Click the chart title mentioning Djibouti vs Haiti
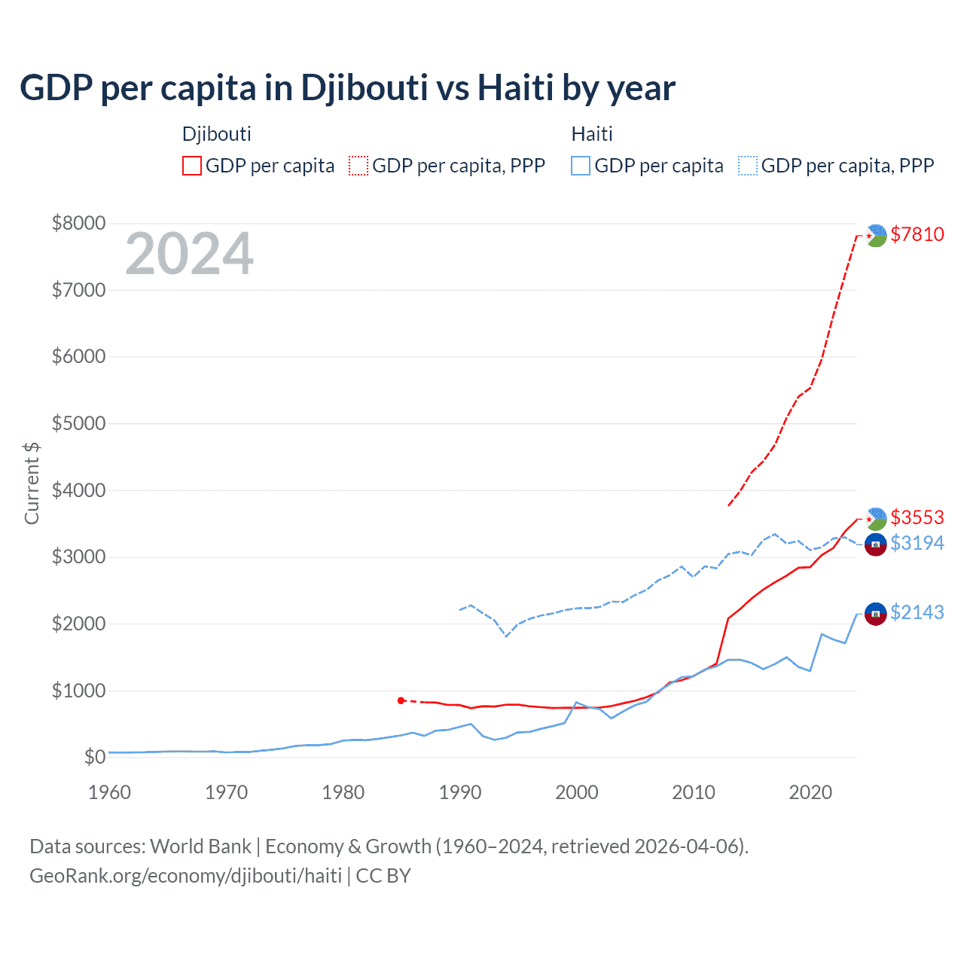tap(347, 88)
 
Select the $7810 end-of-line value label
tap(917, 234)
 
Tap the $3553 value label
tap(917, 517)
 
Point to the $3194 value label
tap(917, 543)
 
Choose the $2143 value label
tap(917, 612)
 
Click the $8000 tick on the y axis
tap(78, 223)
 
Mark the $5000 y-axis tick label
tap(78, 423)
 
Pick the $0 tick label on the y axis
tap(94, 757)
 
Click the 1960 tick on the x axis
tap(109, 792)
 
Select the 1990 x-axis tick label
tap(459, 792)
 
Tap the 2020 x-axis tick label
tap(810, 792)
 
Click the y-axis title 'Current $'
tap(32, 483)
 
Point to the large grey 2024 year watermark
tap(189, 254)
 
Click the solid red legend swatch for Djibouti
tap(192, 166)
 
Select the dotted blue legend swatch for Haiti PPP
tap(748, 166)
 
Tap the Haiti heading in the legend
tap(592, 134)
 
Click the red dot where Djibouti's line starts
tap(401, 700)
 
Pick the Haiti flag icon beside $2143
tap(875, 614)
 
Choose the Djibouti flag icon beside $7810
tap(875, 236)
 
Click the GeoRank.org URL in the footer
tap(185, 876)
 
